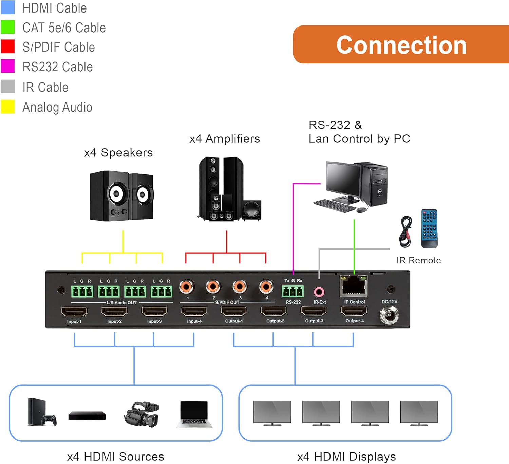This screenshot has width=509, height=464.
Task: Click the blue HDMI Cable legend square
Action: point(8,7)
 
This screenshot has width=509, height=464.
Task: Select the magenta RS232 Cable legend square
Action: point(8,66)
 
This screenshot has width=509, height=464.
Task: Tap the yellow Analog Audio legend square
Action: point(8,106)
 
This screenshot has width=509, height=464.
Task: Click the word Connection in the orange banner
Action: point(401,45)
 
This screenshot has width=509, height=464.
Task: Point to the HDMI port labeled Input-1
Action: point(74,311)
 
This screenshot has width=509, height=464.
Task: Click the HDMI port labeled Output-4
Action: point(354,311)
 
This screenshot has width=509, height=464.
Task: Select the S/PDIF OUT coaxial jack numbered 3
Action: point(240,287)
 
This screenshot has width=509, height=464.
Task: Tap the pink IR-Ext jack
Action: point(319,292)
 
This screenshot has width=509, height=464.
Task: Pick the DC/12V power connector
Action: point(389,315)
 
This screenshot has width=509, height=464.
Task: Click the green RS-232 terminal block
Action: point(293,291)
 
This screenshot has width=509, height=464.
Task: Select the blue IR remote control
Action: point(429,228)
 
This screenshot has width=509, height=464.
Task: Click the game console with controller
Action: point(41,412)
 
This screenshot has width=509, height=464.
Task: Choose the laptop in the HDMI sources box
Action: point(194,414)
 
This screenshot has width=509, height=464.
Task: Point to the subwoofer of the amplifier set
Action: point(251,211)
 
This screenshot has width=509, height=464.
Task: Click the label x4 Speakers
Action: point(118,153)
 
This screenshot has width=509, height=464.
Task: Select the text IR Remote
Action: point(418,260)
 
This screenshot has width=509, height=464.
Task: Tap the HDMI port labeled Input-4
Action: point(194,311)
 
